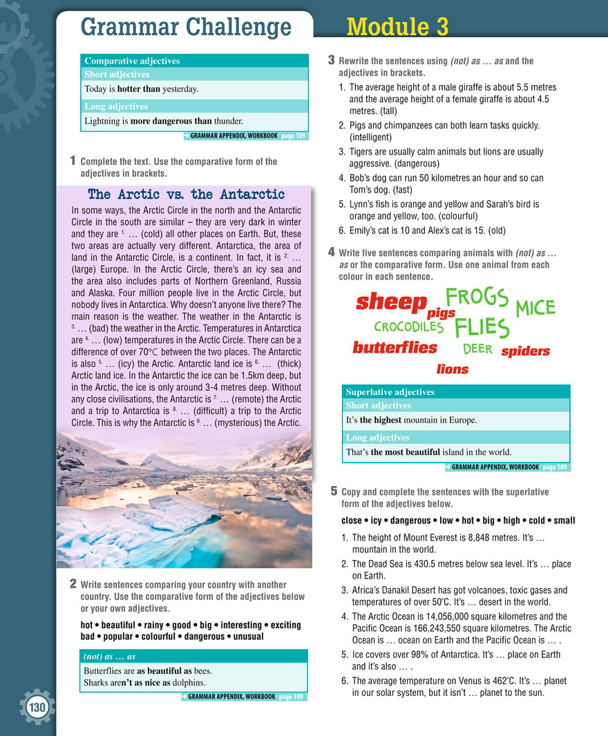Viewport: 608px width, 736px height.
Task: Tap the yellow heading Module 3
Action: (x=397, y=26)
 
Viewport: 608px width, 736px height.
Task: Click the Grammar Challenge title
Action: (x=186, y=27)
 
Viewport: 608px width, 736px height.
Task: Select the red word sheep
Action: (x=391, y=302)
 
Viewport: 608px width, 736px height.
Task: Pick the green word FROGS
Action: (x=477, y=297)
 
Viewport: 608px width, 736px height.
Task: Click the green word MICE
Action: (x=535, y=308)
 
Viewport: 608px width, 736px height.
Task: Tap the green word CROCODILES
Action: (x=408, y=327)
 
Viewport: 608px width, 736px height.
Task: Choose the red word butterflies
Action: (x=395, y=347)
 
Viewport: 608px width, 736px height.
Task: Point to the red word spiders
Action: (x=525, y=351)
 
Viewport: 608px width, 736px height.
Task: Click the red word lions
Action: (x=453, y=369)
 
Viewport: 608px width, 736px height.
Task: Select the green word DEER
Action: (x=477, y=349)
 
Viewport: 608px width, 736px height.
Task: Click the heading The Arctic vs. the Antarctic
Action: (x=187, y=194)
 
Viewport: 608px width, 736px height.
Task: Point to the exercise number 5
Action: (x=334, y=492)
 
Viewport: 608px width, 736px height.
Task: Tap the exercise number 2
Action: (x=73, y=583)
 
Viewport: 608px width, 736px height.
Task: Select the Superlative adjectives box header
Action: (x=390, y=392)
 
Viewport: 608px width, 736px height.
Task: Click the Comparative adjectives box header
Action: (x=132, y=61)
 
